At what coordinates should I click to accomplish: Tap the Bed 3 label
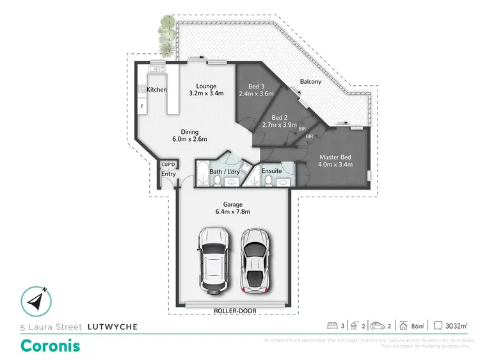[257, 87]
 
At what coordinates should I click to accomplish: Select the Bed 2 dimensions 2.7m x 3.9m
[278, 126]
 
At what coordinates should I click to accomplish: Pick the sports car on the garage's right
[255, 259]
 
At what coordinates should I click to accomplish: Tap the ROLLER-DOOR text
[232, 312]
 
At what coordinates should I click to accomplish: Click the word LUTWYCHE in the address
[112, 327]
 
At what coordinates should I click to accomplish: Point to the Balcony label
[310, 82]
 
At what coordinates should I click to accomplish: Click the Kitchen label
[157, 90]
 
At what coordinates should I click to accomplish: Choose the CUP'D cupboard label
[168, 165]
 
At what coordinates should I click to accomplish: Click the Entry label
[168, 174]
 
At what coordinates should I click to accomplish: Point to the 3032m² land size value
[459, 327]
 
